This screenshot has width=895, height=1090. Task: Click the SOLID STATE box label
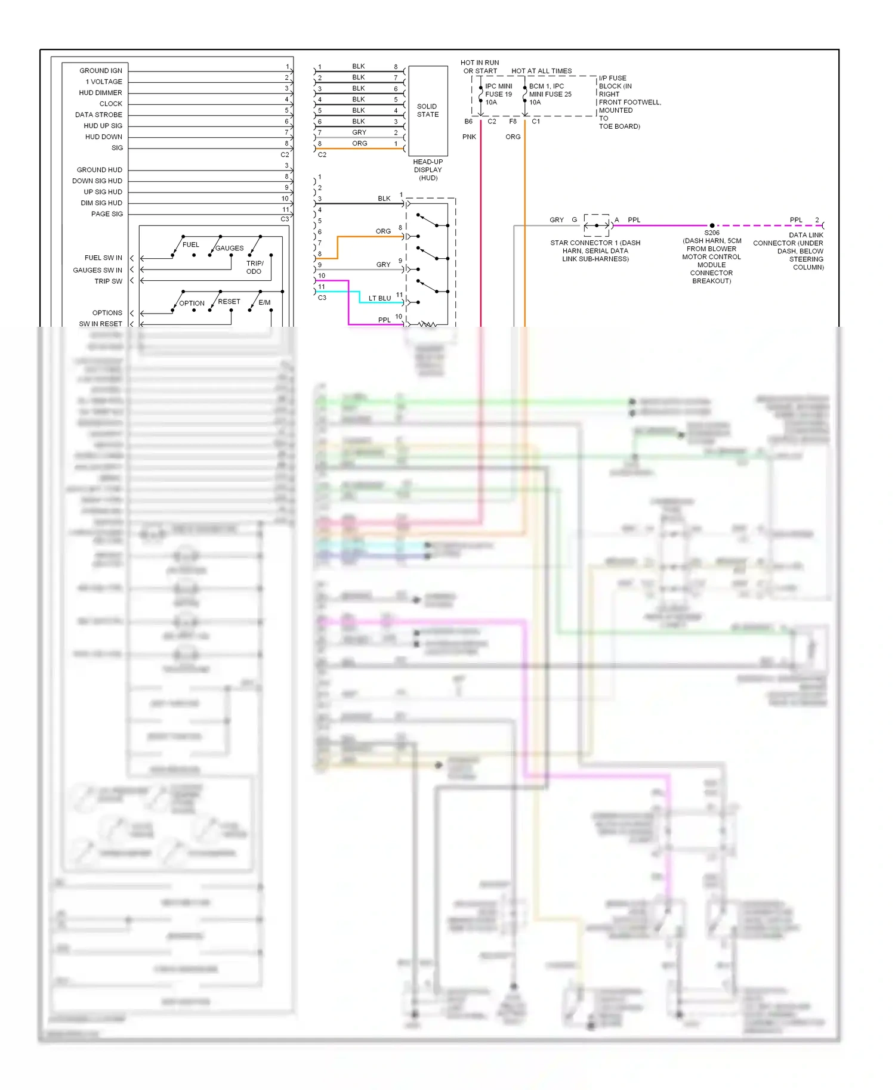[x=427, y=110]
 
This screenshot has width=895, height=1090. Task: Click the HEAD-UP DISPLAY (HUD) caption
[x=428, y=170]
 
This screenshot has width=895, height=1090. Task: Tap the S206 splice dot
[x=712, y=225]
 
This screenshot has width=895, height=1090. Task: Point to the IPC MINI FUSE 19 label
[x=498, y=94]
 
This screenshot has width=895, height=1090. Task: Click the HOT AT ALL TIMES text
[x=541, y=71]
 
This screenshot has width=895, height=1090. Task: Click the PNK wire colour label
[x=469, y=137]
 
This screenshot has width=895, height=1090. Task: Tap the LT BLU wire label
[x=379, y=298]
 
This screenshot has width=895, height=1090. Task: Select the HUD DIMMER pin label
[x=100, y=92]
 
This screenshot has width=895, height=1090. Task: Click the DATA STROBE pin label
[x=98, y=114]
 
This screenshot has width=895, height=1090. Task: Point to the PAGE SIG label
[x=107, y=213]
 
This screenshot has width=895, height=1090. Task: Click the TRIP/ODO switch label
[x=255, y=267]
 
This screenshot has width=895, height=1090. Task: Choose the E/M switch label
[x=264, y=302]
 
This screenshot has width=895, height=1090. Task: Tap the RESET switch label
[x=229, y=301]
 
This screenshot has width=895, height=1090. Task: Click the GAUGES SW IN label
[x=97, y=270]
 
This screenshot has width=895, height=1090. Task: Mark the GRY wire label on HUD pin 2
[x=359, y=132]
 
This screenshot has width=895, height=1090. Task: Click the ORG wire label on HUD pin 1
[x=359, y=143]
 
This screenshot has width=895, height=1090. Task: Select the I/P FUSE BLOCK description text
[x=629, y=102]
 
